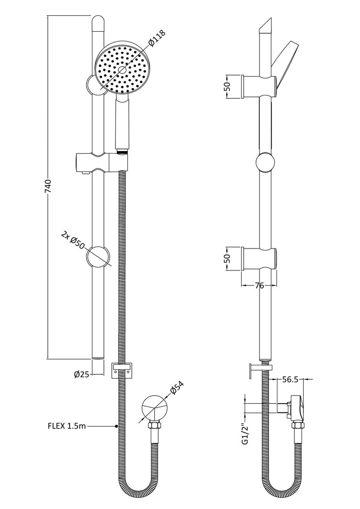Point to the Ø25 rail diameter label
(81, 375)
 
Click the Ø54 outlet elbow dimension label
(177, 389)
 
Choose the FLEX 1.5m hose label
(67, 425)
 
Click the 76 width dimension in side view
(259, 286)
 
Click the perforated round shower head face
(122, 69)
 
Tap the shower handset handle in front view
(122, 124)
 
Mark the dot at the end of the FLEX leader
(116, 425)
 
